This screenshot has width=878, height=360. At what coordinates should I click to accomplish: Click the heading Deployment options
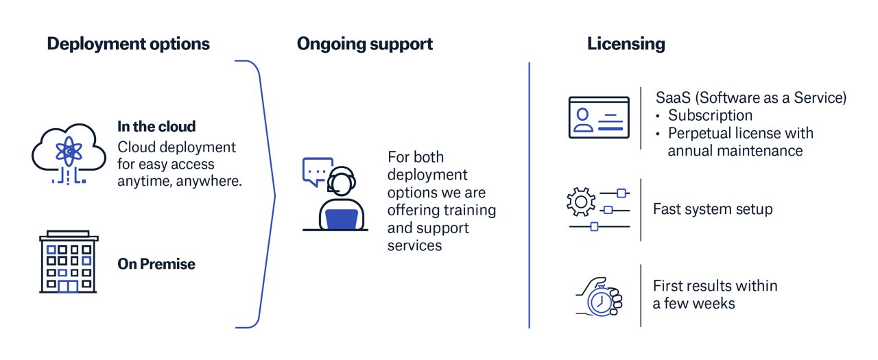click(128, 45)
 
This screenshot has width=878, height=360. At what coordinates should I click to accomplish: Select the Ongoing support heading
click(364, 45)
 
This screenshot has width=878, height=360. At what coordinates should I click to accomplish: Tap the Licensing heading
click(626, 45)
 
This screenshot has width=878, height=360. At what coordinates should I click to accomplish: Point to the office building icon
click(68, 262)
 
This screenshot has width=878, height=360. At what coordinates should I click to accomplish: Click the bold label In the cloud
click(156, 127)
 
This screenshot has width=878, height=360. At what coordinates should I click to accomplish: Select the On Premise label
click(156, 264)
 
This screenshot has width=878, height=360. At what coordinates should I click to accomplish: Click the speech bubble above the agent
click(318, 170)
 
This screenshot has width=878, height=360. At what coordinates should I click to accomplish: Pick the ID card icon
click(598, 118)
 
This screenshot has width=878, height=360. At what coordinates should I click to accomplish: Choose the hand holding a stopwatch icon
click(598, 296)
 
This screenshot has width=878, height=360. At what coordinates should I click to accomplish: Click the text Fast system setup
click(712, 209)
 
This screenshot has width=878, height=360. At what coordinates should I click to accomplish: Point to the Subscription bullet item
click(710, 115)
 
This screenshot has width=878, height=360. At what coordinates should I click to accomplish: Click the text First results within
click(715, 285)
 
